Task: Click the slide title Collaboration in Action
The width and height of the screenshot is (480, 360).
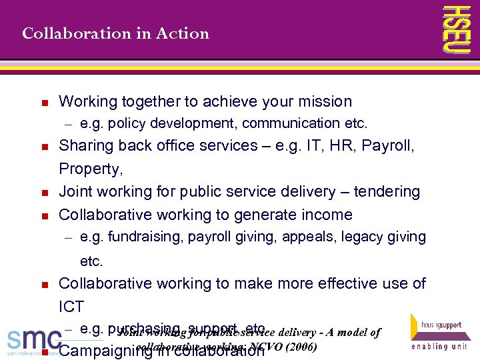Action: pyautogui.click(x=115, y=33)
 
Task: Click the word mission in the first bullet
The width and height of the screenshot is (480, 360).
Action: pyautogui.click(x=326, y=101)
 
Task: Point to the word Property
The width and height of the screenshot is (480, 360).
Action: pyautogui.click(x=89, y=169)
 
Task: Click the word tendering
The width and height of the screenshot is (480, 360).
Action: pyautogui.click(x=387, y=192)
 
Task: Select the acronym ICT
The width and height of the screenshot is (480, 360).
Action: pyautogui.click(x=71, y=307)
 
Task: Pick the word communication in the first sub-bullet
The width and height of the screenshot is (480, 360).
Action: pyautogui.click(x=291, y=123)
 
